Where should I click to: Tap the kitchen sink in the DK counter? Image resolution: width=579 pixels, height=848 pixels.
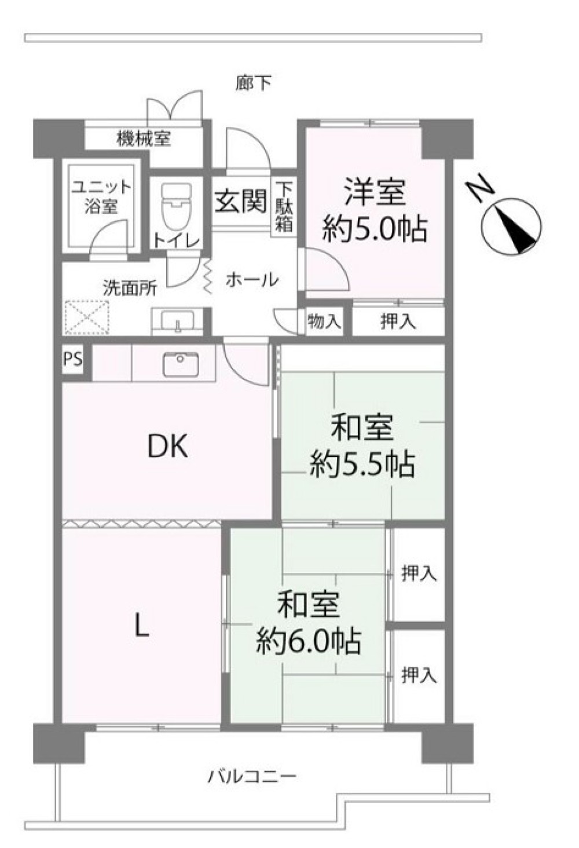(181, 364)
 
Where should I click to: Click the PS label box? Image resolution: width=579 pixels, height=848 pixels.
(72, 359)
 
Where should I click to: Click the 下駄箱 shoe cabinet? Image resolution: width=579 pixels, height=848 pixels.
(283, 207)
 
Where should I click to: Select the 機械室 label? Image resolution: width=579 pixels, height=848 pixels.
(144, 138)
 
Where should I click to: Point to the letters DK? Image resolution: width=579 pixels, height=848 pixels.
(167, 447)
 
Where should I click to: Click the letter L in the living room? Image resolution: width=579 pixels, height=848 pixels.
(141, 628)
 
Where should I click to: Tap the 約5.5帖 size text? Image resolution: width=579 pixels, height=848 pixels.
(362, 464)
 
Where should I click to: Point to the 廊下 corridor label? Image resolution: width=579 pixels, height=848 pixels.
(253, 83)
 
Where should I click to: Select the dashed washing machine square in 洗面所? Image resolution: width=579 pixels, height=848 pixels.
(87, 317)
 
